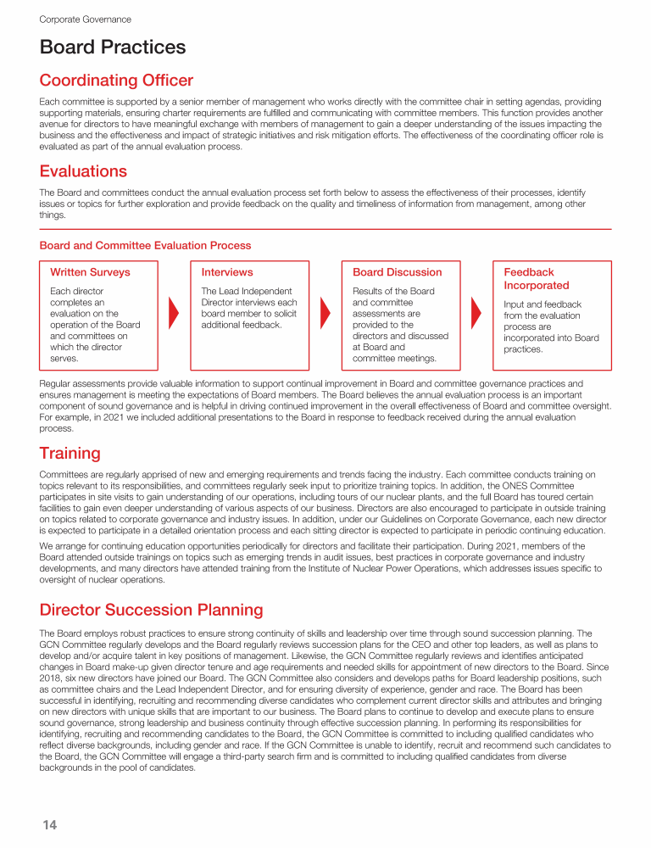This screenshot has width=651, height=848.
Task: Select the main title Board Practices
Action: pyautogui.click(x=113, y=47)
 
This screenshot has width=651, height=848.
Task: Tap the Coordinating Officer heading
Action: pyautogui.click(x=116, y=81)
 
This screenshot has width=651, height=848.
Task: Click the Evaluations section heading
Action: pyautogui.click(x=83, y=171)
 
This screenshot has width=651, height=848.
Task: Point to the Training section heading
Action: pyautogui.click(x=70, y=453)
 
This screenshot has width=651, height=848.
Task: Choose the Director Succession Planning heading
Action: pyautogui.click(x=151, y=610)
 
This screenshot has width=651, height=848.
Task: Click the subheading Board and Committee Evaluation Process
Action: pyautogui.click(x=145, y=245)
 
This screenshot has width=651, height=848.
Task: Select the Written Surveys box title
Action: pyautogui.click(x=90, y=272)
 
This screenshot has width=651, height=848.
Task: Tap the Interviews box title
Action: pyautogui.click(x=226, y=272)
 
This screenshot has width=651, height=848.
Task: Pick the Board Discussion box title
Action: pyautogui.click(x=397, y=272)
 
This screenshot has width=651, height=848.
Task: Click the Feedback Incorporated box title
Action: pyautogui.click(x=536, y=279)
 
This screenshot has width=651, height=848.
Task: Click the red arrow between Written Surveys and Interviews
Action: pyautogui.click(x=174, y=315)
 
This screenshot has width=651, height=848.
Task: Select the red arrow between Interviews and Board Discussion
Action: pyautogui.click(x=325, y=315)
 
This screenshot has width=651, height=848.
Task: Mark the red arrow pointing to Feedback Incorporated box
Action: pyautogui.click(x=476, y=315)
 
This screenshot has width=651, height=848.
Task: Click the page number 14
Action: pyautogui.click(x=49, y=825)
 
